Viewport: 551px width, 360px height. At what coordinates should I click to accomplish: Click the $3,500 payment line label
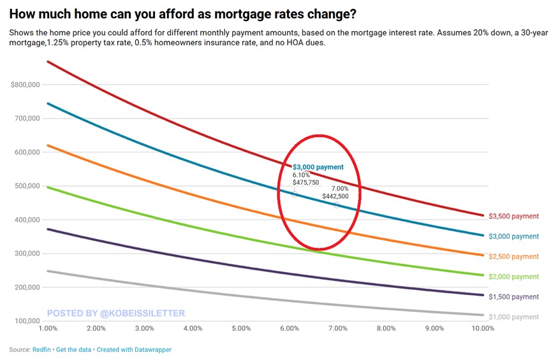[x=513, y=216]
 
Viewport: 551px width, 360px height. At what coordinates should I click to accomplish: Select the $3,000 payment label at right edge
[x=513, y=236]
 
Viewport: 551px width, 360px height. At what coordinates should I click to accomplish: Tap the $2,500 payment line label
[x=513, y=256]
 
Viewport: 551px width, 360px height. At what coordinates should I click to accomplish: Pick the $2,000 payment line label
[x=513, y=277]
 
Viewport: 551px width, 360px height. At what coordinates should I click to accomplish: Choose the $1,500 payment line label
[x=513, y=297]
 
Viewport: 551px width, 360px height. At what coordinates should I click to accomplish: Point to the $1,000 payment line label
[x=513, y=317]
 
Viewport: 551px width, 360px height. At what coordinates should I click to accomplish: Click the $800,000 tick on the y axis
[x=26, y=85]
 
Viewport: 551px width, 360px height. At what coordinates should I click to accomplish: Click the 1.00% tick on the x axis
[x=48, y=329]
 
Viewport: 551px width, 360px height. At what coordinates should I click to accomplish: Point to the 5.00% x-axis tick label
[x=241, y=329]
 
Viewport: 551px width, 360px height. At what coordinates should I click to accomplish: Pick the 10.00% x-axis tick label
[x=482, y=329]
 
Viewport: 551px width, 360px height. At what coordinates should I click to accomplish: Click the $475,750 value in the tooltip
[x=305, y=182]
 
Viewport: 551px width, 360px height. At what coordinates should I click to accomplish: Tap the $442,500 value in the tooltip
[x=335, y=196]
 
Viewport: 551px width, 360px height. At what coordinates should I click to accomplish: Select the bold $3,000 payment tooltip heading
[x=318, y=167]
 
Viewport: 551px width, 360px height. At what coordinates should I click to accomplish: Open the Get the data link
[x=73, y=350]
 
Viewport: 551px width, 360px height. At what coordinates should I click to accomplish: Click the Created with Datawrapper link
[x=135, y=350]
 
